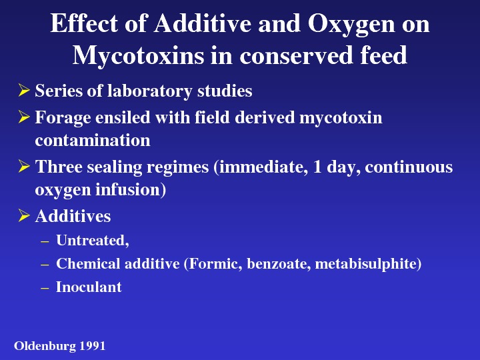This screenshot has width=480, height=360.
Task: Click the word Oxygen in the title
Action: pos(351,25)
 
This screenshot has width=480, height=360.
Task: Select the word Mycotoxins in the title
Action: pos(138,57)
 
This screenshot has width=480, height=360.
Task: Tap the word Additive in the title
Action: pos(203,23)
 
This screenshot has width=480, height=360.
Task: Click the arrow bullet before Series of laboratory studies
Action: pos(24,90)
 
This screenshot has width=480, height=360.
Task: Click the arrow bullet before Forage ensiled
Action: pos(24,117)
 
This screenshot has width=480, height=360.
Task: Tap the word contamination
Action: pos(93,141)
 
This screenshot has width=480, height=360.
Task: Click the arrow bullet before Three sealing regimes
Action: pos(24,167)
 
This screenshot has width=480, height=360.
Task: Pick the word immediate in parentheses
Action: pos(263,167)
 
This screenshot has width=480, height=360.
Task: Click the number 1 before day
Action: pos(317,167)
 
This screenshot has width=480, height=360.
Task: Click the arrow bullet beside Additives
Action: pos(24,215)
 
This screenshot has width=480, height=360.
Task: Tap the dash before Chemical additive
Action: pos(45,265)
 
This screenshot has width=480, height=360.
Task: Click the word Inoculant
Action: pos(89,287)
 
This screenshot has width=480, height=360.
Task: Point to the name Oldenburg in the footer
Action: pos(45,346)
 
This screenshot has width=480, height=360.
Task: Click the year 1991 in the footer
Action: pos(93,346)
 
